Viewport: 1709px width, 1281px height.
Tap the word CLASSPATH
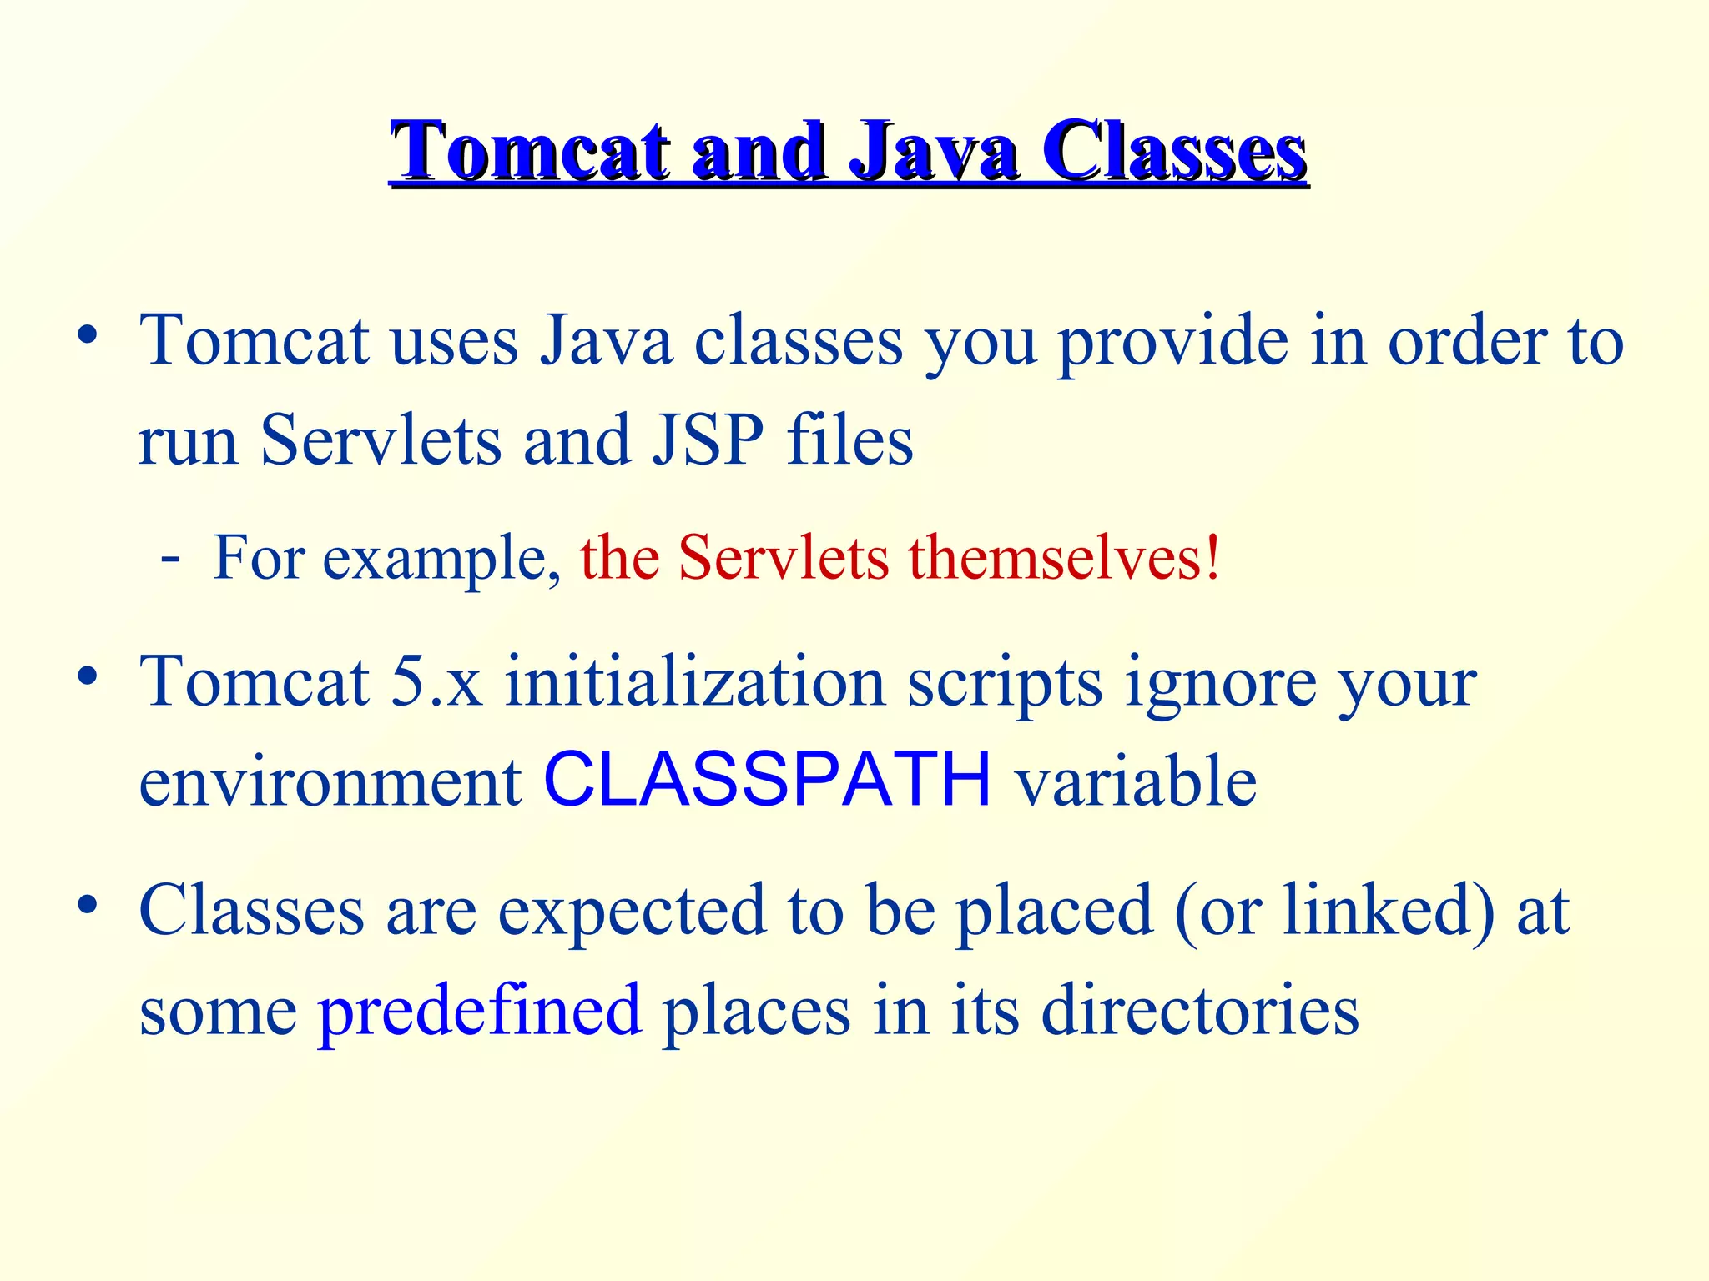[767, 781]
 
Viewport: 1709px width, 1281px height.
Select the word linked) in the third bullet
[1389, 909]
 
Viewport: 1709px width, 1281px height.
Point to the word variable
[1135, 781]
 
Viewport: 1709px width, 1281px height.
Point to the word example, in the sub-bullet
[441, 559]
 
